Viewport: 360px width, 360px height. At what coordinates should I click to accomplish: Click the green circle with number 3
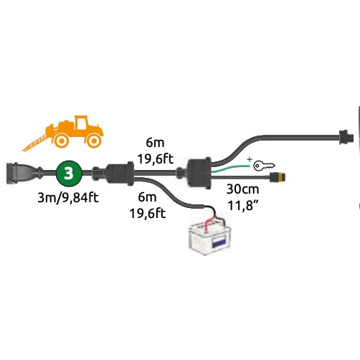(68, 174)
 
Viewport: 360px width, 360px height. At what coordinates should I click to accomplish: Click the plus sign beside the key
(249, 158)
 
